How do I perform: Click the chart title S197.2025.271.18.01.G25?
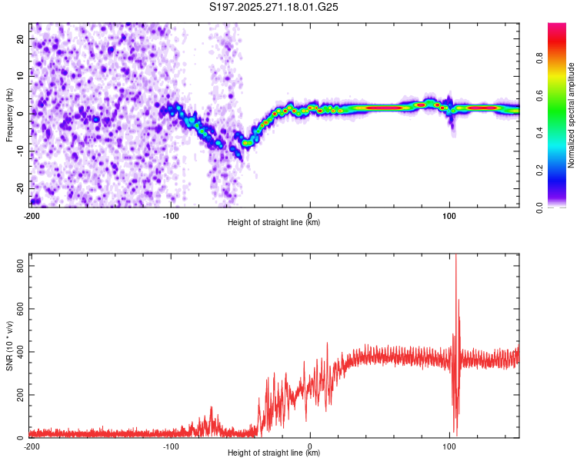tap(275, 7)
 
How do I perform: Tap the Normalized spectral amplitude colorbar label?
tap(571, 115)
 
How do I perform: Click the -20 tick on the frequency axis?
tap(19, 188)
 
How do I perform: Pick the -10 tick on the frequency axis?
tap(19, 151)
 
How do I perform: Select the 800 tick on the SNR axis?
tap(18, 265)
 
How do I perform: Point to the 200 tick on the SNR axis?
tap(18, 395)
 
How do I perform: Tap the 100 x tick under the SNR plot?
tap(450, 446)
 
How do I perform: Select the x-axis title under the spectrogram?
tap(274, 222)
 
